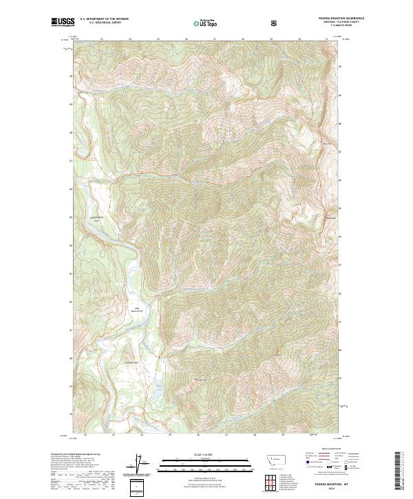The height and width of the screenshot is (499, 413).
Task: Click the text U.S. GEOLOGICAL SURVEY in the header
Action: pos(104,23)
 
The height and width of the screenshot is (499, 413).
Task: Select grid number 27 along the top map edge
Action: pos(215,39)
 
